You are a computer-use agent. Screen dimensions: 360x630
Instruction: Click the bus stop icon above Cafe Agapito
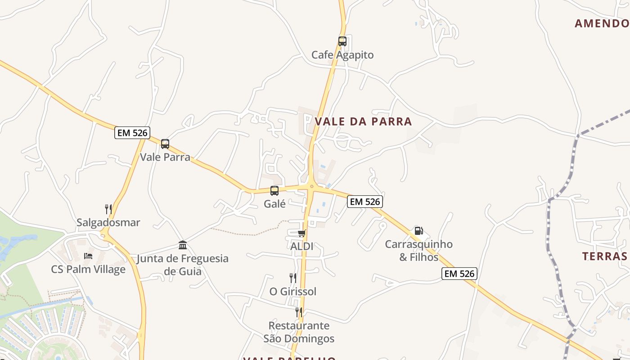click(342, 41)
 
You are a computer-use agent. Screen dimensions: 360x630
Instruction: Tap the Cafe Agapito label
click(342, 55)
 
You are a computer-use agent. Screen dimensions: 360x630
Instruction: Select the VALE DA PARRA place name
click(363, 121)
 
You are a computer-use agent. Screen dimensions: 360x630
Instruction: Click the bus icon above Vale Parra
click(165, 144)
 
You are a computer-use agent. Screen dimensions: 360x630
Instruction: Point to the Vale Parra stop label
click(165, 157)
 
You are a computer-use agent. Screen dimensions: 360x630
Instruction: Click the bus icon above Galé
click(274, 191)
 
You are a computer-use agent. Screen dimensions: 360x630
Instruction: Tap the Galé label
click(274, 204)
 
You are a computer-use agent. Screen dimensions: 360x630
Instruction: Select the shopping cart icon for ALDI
click(301, 233)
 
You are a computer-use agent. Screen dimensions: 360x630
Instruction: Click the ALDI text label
click(301, 247)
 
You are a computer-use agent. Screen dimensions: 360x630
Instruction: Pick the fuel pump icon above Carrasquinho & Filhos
click(418, 231)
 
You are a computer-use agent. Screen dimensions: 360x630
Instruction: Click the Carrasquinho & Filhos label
click(418, 251)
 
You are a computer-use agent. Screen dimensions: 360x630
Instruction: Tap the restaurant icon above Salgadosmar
click(108, 209)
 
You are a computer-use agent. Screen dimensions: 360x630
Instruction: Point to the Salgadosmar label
click(108, 222)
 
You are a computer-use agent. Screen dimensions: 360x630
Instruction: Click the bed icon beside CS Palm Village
click(88, 256)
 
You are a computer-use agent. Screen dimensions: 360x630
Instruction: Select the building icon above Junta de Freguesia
click(183, 245)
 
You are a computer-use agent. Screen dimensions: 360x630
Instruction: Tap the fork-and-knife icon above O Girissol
click(292, 278)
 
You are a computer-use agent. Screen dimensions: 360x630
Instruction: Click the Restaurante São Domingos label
click(299, 332)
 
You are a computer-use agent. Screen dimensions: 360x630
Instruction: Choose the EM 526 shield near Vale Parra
click(132, 133)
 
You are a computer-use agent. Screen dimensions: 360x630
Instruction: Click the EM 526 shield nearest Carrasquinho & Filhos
click(365, 202)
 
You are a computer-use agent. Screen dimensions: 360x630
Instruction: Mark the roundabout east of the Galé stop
click(311, 186)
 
